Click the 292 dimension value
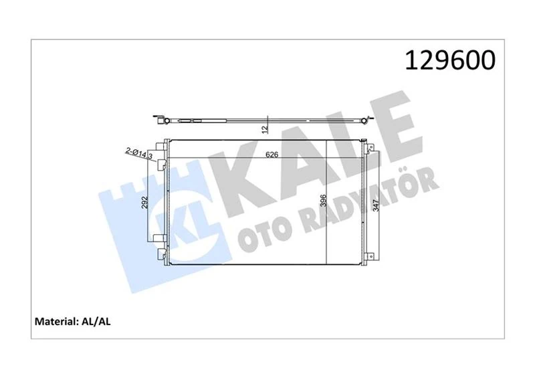click(x=144, y=201)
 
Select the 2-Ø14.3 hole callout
click(x=136, y=153)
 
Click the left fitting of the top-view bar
click(x=160, y=120)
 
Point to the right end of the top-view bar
click(x=365, y=120)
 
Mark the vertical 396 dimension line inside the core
click(x=325, y=201)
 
